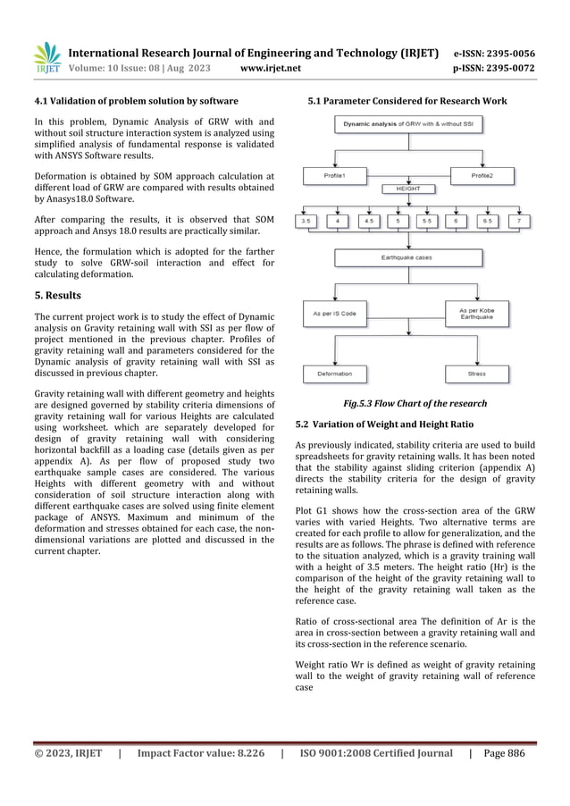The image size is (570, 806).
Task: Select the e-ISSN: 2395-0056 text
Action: pyautogui.click(x=495, y=53)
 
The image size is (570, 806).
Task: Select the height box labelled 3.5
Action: pyautogui.click(x=306, y=220)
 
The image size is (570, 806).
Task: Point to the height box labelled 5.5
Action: pyautogui.click(x=427, y=220)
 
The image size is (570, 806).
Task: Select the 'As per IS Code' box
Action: pyautogui.click(x=334, y=314)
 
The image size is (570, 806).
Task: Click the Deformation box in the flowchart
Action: pyautogui.click(x=334, y=374)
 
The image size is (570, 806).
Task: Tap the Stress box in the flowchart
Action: pyautogui.click(x=476, y=374)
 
